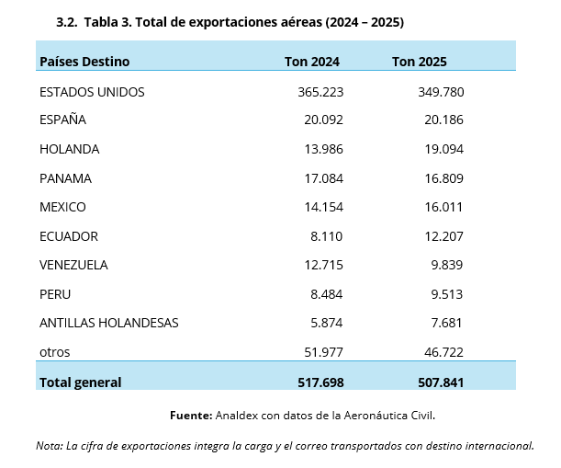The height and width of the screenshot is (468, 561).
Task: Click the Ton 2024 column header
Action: coord(312,62)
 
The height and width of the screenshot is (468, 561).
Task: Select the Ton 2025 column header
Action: coord(419,62)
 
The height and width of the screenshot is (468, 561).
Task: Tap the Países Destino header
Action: coord(84,62)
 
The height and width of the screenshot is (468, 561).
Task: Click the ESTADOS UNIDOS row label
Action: coord(92,92)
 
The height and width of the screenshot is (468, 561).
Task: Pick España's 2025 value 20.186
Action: coord(440,120)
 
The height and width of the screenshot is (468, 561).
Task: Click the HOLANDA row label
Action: coord(69,149)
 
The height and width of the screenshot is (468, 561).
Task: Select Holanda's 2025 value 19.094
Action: coord(440,149)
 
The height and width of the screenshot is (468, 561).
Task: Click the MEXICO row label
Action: coord(62,207)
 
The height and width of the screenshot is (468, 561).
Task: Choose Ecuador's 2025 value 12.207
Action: coord(440,236)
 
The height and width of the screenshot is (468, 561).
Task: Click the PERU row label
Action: coord(55,294)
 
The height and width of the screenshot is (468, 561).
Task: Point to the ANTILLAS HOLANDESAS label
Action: coord(108,323)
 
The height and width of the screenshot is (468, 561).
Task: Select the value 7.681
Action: coord(443,323)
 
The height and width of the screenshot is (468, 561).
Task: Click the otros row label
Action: coord(54,352)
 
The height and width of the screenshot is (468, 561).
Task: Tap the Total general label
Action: coord(80,382)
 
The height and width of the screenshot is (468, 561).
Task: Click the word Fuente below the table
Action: coord(190,416)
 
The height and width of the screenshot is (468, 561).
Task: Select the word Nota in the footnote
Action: coord(48,446)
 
